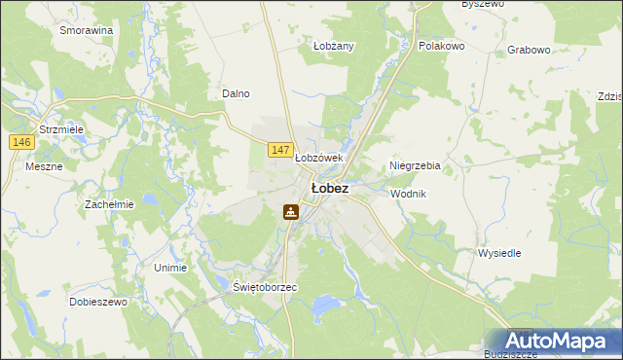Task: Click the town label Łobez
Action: click(329, 188)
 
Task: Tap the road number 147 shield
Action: click(280, 149)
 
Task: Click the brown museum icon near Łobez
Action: click(290, 211)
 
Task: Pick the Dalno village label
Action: click(237, 93)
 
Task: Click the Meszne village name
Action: click(43, 165)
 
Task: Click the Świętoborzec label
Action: click(265, 288)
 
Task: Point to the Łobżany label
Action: click(333, 46)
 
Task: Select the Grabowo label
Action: click(530, 49)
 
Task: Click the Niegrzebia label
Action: click(415, 165)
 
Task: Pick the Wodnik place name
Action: click(408, 194)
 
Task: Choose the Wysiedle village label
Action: click(499, 253)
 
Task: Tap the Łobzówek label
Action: click(319, 158)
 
